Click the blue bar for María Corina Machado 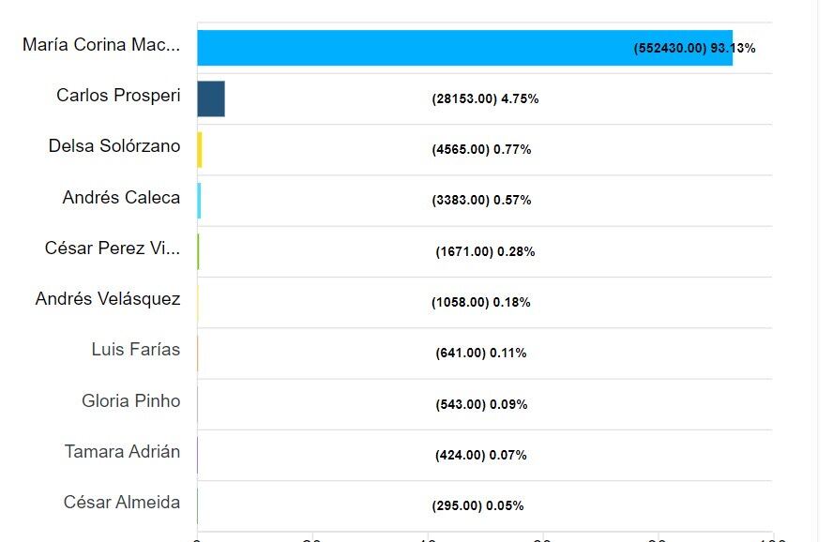click(464, 48)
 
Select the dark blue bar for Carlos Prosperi click(211, 98)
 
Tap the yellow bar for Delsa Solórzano click(200, 150)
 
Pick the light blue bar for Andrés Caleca click(199, 201)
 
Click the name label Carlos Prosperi click(118, 96)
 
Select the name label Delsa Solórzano click(114, 146)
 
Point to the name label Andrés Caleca click(121, 198)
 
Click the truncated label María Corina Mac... click(101, 45)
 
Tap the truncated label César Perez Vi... click(113, 248)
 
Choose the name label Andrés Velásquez click(108, 299)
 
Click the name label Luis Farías click(136, 350)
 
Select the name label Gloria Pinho click(131, 401)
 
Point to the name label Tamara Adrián click(122, 452)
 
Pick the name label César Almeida click(122, 503)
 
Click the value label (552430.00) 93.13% click(695, 48)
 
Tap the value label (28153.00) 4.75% click(485, 98)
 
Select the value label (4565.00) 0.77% click(481, 149)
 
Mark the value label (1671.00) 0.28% click(485, 251)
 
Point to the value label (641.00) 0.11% click(481, 354)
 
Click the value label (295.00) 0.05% click(477, 506)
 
